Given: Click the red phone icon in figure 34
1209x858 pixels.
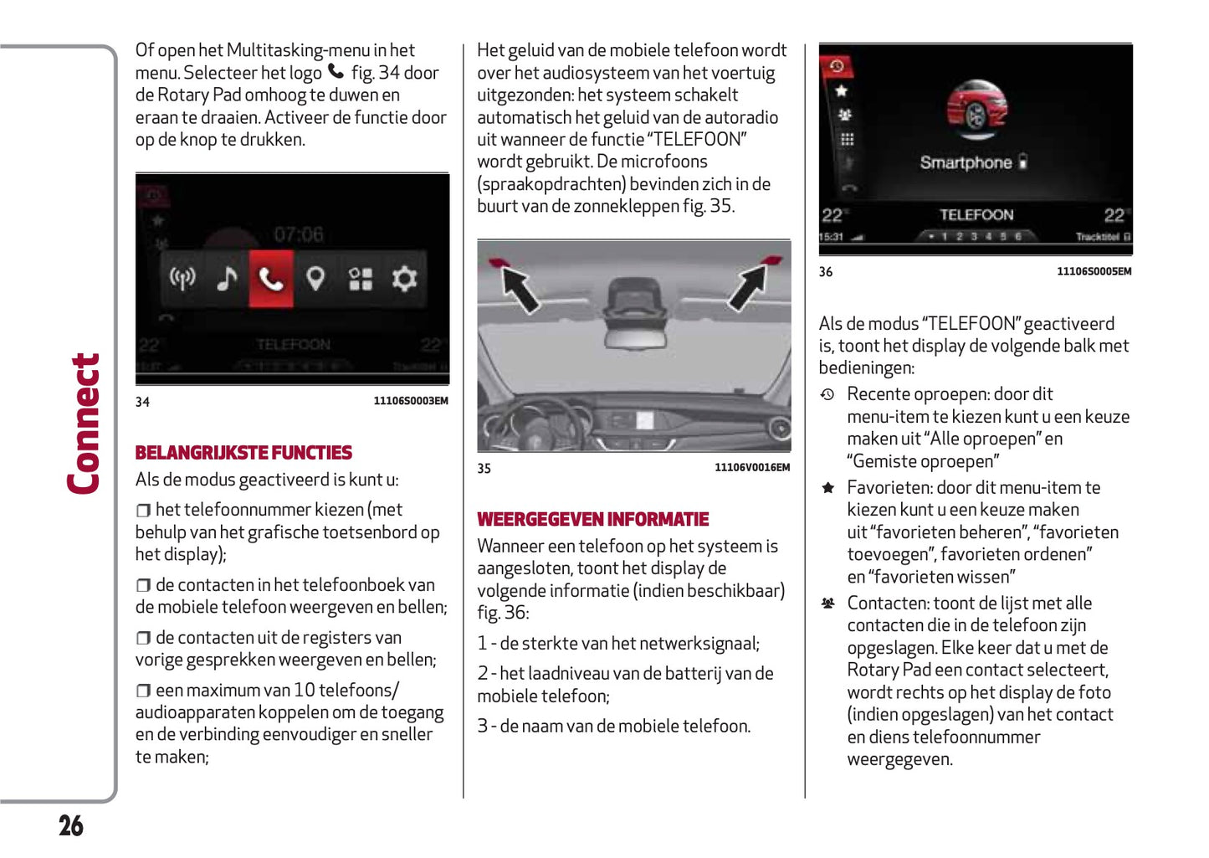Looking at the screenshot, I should point(271,279).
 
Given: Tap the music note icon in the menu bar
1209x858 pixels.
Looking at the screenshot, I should point(227,279).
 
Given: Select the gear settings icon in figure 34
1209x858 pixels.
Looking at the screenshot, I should point(404,279).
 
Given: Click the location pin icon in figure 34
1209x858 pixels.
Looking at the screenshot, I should point(315,279).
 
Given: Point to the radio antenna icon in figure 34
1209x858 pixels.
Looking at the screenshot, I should point(182,278).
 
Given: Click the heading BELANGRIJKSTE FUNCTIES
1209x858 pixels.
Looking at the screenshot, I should point(243,453).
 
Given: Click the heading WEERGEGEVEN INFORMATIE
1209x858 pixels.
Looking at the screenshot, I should point(592,520).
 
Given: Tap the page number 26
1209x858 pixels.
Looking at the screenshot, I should point(71,826).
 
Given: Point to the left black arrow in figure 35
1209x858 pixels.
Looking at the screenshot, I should point(520,289).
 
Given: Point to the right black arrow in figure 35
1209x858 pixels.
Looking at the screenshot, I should point(747,287).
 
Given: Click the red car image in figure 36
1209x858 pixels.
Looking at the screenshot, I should point(976,113).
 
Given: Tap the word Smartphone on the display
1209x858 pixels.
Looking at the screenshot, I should point(966,162).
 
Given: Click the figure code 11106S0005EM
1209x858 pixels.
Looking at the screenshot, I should point(1094,271).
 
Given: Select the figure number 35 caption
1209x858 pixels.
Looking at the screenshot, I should point(484,469).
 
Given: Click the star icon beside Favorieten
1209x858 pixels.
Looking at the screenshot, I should point(827,488).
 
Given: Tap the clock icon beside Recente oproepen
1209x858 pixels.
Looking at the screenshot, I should point(827,394).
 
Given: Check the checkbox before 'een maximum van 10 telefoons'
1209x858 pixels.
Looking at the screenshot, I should point(144,691).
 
